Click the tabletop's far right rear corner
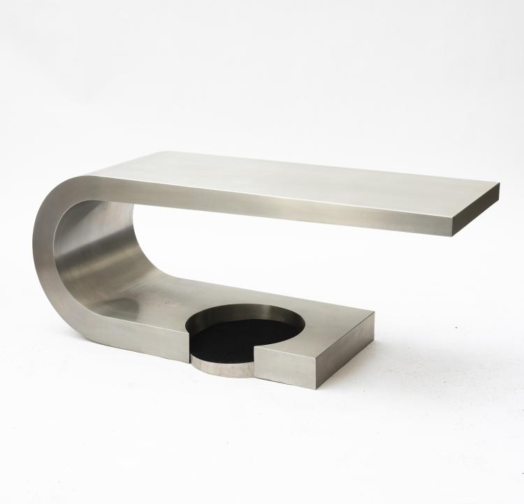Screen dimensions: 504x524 pos(498,186)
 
